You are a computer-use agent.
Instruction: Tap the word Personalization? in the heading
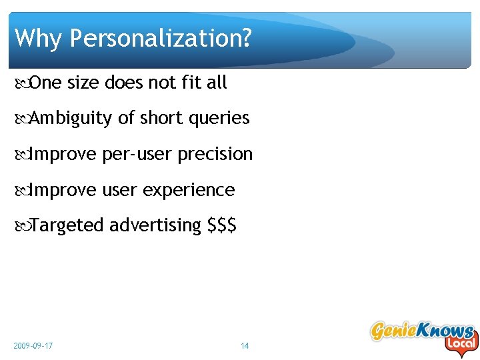(x=161, y=39)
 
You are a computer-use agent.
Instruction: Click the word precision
(x=215, y=155)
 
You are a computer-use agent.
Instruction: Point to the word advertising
(x=155, y=226)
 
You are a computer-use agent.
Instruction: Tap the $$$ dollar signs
(x=222, y=226)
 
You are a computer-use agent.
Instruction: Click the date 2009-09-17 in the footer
(x=33, y=346)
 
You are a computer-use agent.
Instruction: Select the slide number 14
(x=245, y=346)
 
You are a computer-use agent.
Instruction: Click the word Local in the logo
(x=461, y=344)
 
